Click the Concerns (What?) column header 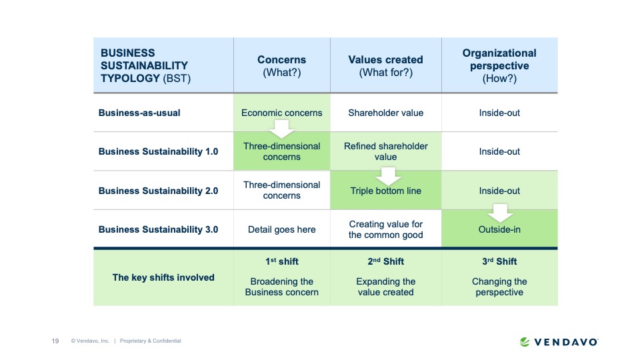281,66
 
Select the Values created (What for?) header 385,66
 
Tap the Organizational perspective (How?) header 499,65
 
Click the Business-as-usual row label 139,113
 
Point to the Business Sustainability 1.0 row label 158,151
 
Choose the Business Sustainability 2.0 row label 158,191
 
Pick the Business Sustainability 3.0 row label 158,229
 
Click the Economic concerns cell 281,113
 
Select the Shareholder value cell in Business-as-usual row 385,113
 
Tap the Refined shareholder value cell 385,151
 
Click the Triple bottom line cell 385,191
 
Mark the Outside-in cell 499,229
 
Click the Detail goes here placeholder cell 281,229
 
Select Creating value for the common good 385,229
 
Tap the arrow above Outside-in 499,214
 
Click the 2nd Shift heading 385,261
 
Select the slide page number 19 55,341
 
